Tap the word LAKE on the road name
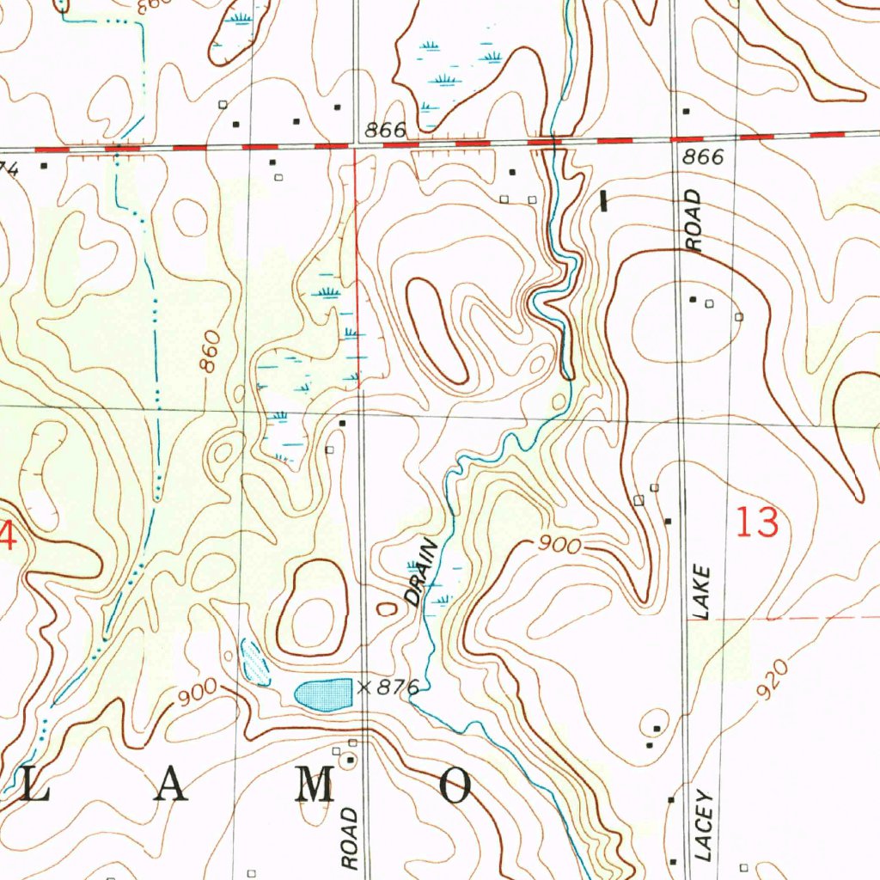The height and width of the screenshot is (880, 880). (703, 593)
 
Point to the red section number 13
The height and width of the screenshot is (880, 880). (757, 523)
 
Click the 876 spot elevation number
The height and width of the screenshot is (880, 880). (398, 687)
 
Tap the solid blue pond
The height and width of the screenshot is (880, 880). (324, 693)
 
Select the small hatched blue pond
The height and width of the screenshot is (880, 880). (254, 663)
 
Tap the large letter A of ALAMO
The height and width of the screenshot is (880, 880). (170, 786)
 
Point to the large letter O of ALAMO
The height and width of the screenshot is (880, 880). (456, 786)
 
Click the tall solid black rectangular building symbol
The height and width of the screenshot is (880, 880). (604, 201)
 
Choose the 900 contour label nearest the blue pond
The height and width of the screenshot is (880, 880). (196, 697)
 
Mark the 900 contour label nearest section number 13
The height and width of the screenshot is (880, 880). (560, 546)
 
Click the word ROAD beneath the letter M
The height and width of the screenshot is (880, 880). (349, 837)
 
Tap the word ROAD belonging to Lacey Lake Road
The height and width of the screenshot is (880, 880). (694, 221)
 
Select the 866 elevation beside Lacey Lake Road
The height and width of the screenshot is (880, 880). (704, 159)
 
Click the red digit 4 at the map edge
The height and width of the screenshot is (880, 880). (7, 539)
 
